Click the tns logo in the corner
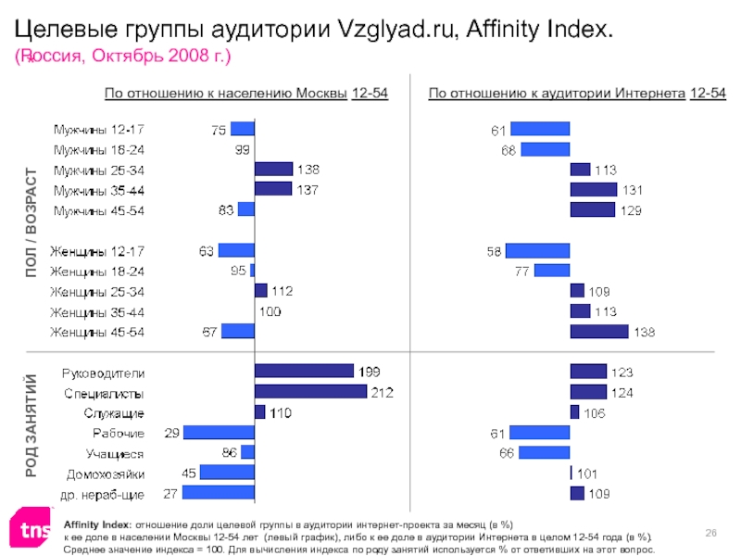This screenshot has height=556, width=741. (x=29, y=529)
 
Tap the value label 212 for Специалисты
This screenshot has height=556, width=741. (x=383, y=392)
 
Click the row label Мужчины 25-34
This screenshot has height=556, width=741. (x=98, y=171)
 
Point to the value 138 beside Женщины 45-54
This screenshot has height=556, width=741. (x=645, y=332)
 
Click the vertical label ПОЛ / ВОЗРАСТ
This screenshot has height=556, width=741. (x=32, y=222)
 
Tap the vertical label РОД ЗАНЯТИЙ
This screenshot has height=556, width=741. (x=32, y=424)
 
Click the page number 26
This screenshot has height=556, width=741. (x=712, y=530)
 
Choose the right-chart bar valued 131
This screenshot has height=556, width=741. (x=593, y=190)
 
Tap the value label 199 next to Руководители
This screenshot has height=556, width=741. (x=370, y=372)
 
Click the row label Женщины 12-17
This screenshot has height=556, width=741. (x=97, y=250)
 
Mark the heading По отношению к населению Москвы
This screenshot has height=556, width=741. (x=226, y=94)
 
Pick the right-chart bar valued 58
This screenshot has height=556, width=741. (x=537, y=250)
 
